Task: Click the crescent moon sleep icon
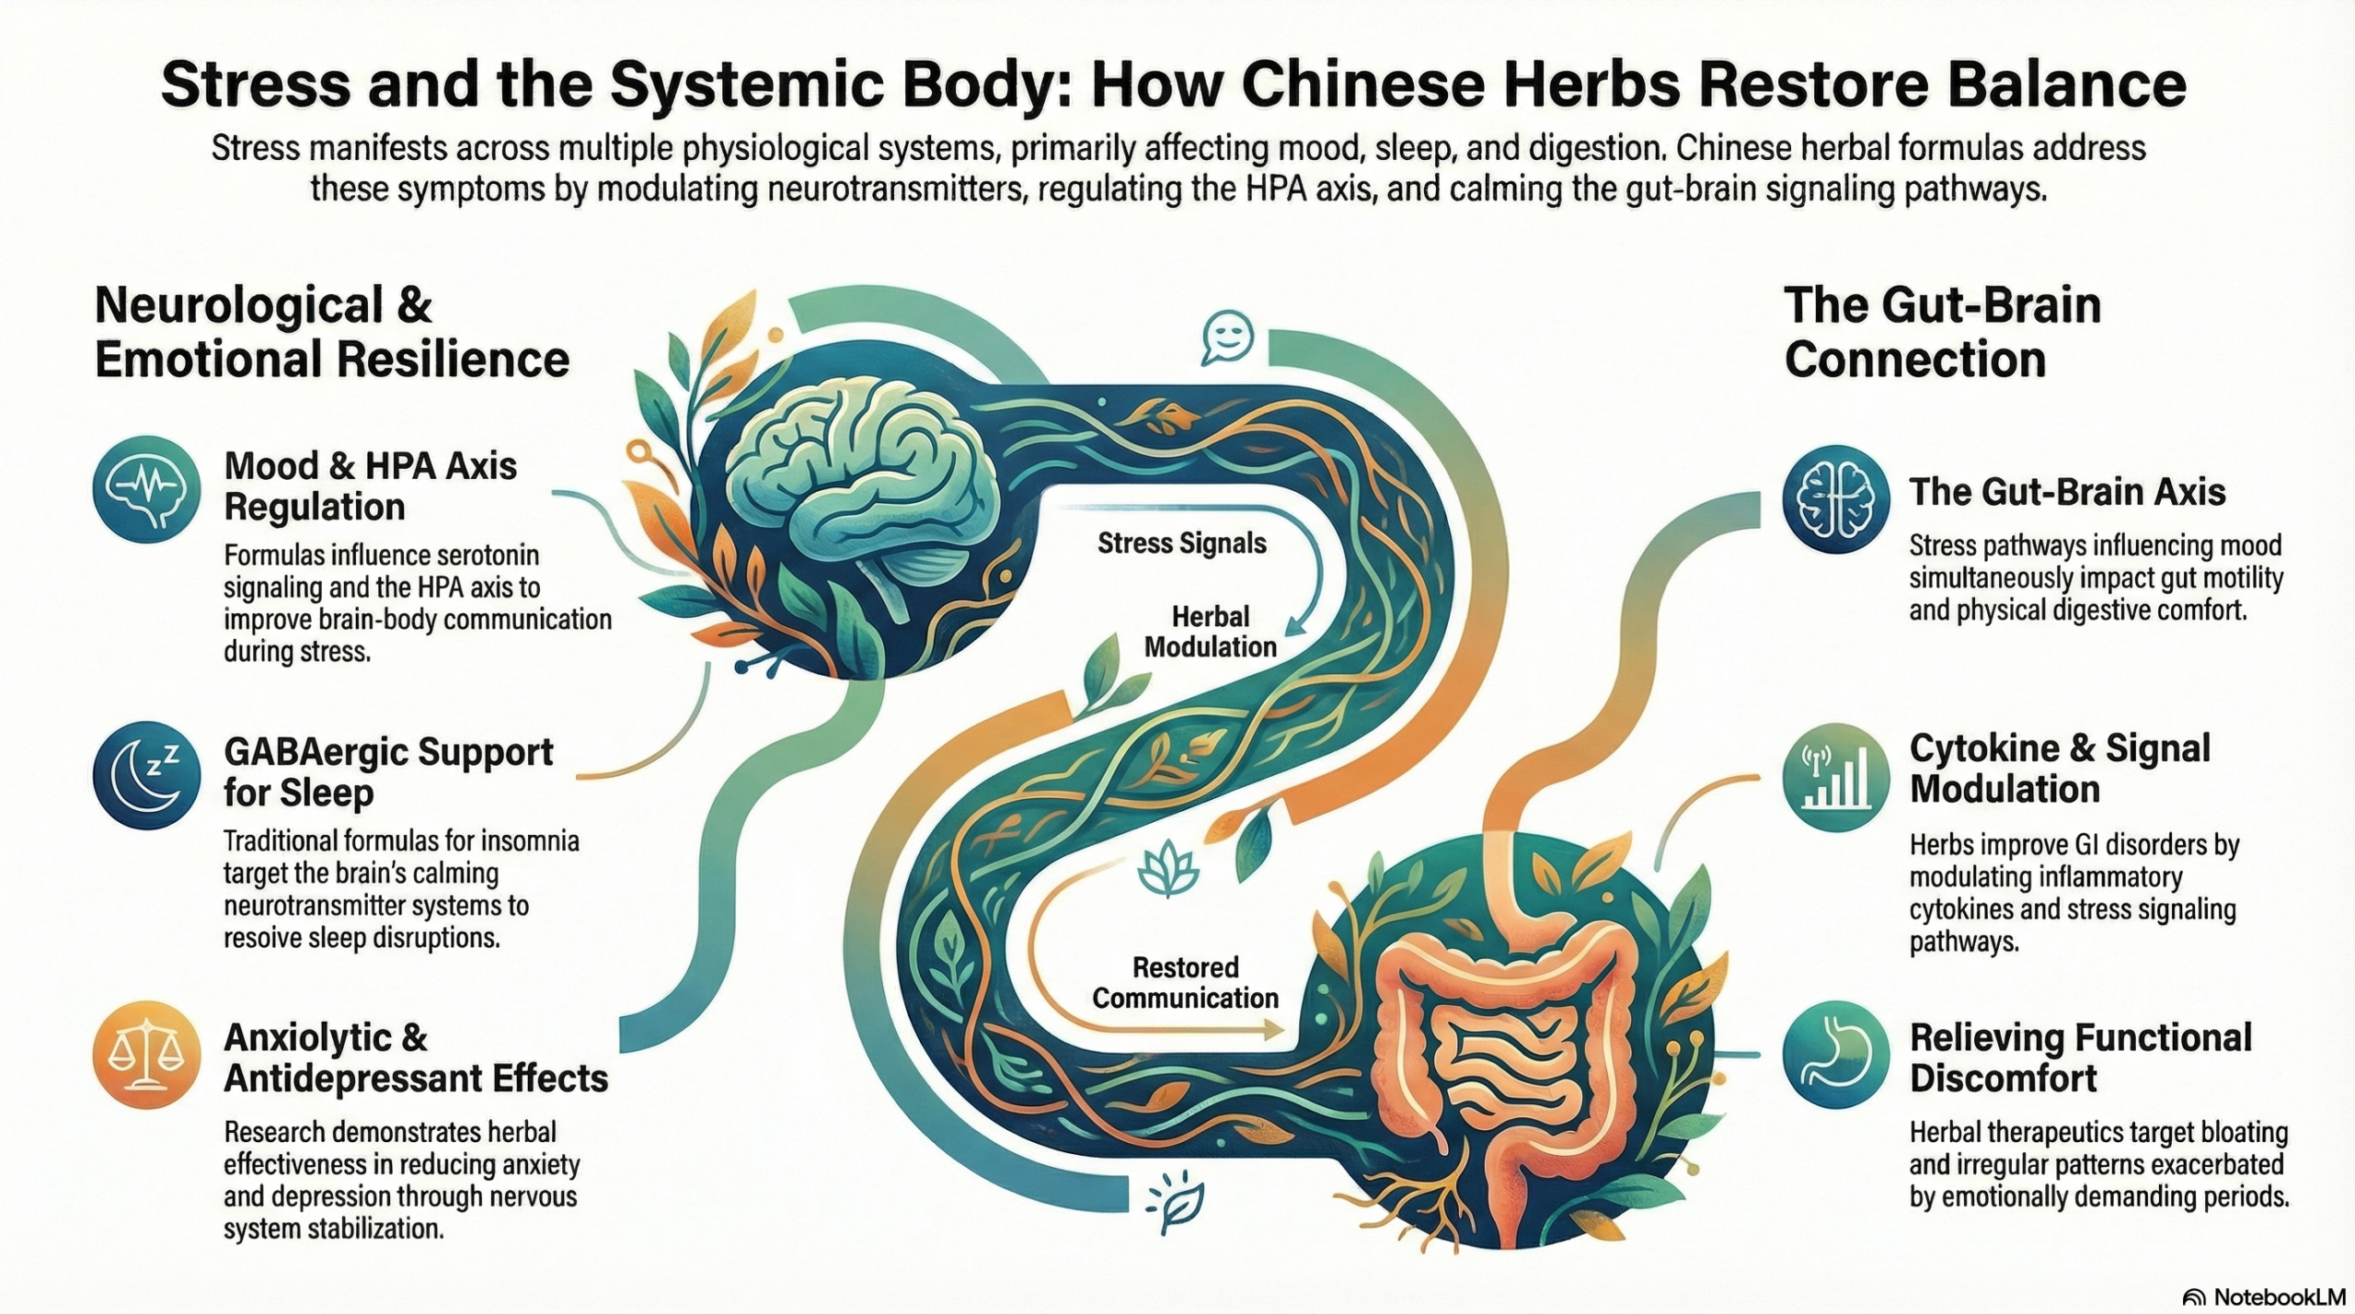click(146, 775)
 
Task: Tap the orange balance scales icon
click(146, 1055)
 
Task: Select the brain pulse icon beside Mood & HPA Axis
click(146, 489)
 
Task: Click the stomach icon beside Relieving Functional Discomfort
click(1835, 1054)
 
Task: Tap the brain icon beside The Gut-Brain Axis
click(1835, 499)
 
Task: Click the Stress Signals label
click(1182, 543)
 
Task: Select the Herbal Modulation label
click(1210, 632)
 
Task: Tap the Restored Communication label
click(1185, 983)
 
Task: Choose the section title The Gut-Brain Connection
click(1942, 332)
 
